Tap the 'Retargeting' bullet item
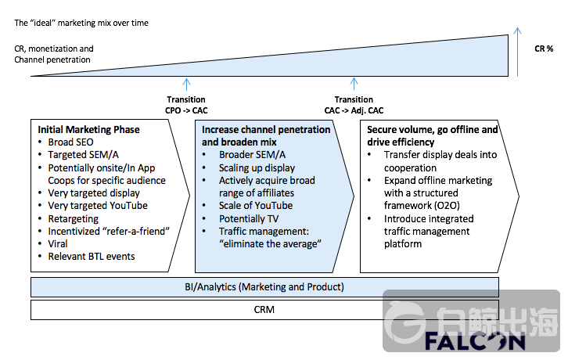tap(74, 218)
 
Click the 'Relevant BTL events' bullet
tap(92, 256)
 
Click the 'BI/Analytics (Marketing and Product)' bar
tap(264, 286)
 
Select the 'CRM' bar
tap(264, 310)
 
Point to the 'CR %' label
tap(544, 49)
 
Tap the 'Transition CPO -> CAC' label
tap(186, 105)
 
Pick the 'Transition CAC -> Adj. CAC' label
tap(354, 105)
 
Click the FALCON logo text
tap(476, 342)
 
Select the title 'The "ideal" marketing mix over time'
tap(81, 23)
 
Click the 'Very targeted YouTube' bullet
tap(98, 206)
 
